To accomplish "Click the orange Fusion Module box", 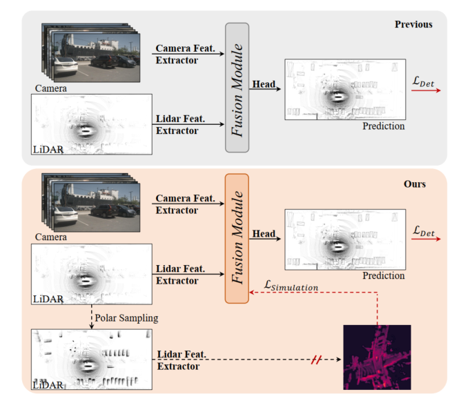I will pos(237,238).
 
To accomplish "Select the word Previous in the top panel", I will pos(413,25).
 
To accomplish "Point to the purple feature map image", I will pos(377,358).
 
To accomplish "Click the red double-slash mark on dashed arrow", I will pos(317,360).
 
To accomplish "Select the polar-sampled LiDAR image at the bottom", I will pos(91,359).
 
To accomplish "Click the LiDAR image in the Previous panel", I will pos(91,124).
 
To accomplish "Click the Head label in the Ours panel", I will pos(264,234).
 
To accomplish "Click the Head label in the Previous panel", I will pos(264,84).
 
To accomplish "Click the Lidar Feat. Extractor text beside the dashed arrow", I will pos(181,360).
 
